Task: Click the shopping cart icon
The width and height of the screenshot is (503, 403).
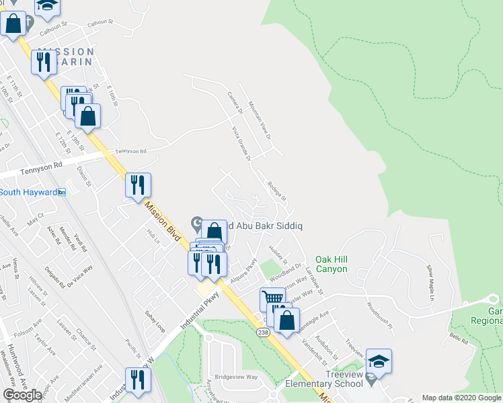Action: (272, 298)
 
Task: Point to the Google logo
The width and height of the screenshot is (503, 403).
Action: (22, 395)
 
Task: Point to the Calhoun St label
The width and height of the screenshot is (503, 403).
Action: (54, 26)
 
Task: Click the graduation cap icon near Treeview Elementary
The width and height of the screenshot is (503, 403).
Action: (379, 361)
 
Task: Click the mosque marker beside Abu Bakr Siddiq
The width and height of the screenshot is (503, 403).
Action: (197, 222)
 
